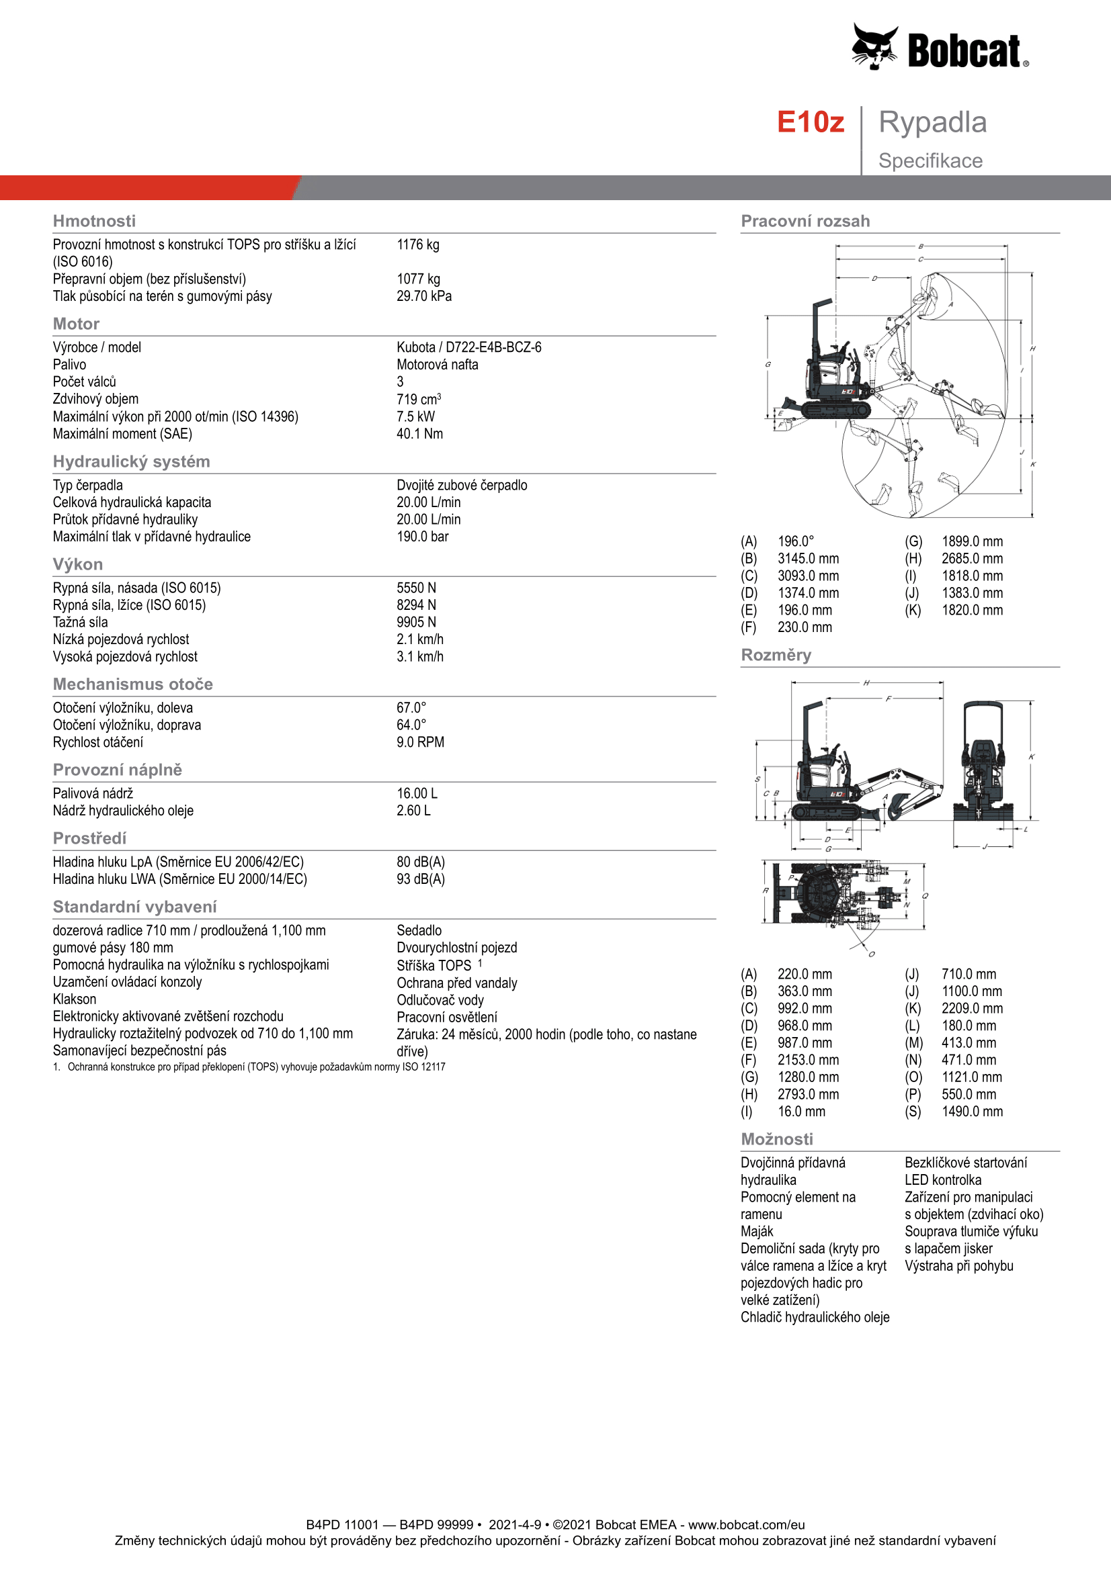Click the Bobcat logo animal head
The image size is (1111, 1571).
874,46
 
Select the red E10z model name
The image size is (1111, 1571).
810,122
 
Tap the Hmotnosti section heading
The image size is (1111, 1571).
94,221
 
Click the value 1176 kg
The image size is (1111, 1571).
417,245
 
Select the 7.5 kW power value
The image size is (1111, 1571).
415,416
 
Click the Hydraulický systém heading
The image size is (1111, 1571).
132,462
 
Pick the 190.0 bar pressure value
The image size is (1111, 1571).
422,537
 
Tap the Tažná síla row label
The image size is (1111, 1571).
80,623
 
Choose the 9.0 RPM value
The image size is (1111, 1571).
419,742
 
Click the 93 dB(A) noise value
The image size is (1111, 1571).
420,879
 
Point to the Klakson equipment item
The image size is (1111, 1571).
75,999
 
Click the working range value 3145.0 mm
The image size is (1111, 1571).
808,559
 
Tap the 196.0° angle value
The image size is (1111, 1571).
795,542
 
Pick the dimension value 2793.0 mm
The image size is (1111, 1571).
808,1095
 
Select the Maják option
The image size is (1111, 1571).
756,1232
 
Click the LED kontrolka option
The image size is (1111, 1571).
942,1180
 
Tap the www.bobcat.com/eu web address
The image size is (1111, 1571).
746,1525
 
